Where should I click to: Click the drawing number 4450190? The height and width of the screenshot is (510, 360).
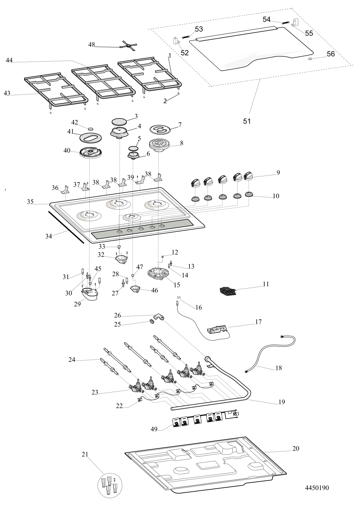pyautogui.click(x=316, y=488)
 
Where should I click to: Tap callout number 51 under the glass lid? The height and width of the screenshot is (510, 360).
pyautogui.click(x=247, y=121)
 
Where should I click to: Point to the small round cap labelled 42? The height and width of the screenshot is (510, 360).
pyautogui.click(x=91, y=127)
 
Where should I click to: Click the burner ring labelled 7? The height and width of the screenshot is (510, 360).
pyautogui.click(x=160, y=130)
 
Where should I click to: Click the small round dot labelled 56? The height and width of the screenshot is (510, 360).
pyautogui.click(x=310, y=59)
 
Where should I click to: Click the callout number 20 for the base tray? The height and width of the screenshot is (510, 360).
pyautogui.click(x=296, y=448)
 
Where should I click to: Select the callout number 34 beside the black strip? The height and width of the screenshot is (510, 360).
pyautogui.click(x=49, y=236)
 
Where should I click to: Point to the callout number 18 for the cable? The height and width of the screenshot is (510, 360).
pyautogui.click(x=279, y=368)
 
